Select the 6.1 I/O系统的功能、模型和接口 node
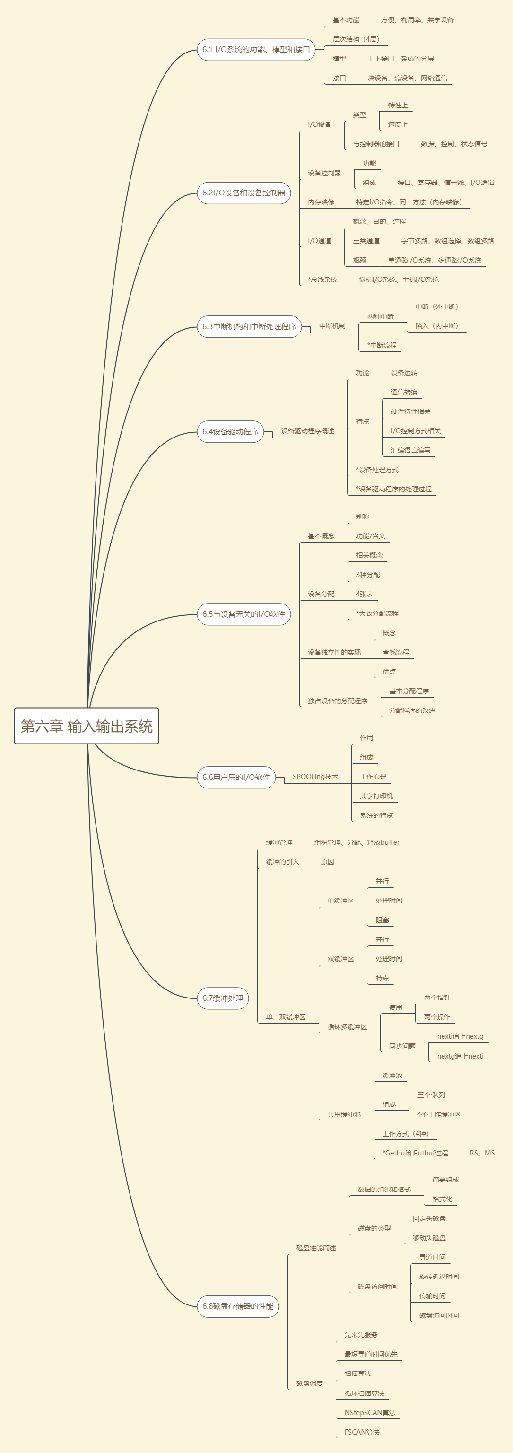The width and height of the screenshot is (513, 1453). (x=255, y=50)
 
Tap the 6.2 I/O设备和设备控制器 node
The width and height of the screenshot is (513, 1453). (x=243, y=193)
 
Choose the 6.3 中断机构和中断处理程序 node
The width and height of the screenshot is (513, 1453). (x=249, y=326)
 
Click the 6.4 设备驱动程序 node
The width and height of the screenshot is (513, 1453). (x=230, y=432)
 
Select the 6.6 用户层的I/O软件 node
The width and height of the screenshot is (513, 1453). (x=235, y=777)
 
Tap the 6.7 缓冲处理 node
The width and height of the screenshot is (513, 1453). (x=223, y=998)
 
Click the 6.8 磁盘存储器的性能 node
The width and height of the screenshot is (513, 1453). (x=237, y=1306)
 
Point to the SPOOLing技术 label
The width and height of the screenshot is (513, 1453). (x=315, y=777)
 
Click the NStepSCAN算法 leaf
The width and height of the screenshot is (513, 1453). (x=370, y=1413)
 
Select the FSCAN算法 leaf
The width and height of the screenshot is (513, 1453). (x=362, y=1432)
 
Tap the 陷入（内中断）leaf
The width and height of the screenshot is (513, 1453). (x=436, y=326)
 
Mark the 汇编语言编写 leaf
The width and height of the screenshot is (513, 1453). (x=410, y=450)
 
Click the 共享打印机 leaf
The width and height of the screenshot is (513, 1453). (x=376, y=796)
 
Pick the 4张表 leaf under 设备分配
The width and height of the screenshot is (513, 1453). (x=364, y=594)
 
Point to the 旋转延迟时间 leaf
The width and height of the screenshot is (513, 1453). (x=439, y=1277)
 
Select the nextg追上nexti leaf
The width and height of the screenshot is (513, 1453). (x=460, y=1056)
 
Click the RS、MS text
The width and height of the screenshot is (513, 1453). (x=482, y=1153)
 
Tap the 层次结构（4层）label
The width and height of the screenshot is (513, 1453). (x=356, y=39)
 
